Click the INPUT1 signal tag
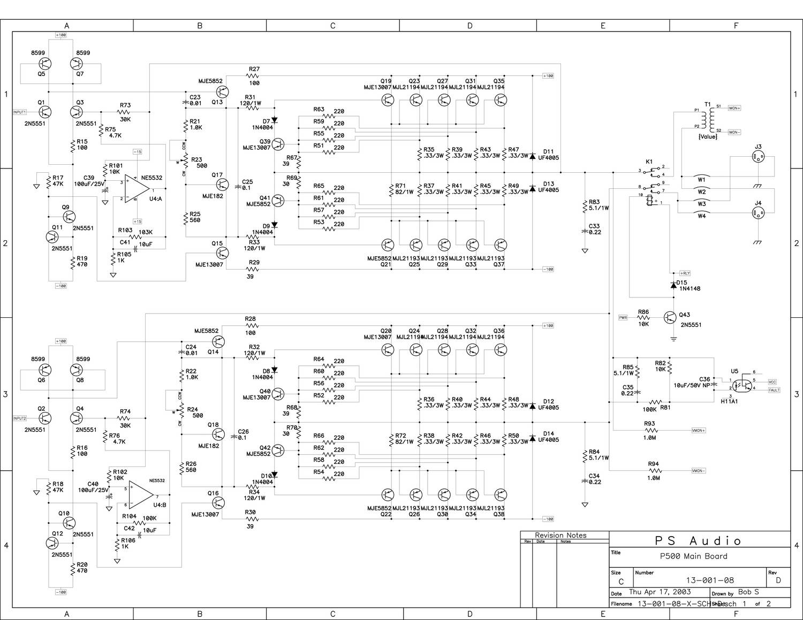click(x=19, y=112)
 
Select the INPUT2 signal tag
click(x=19, y=418)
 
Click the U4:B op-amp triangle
click(x=141, y=494)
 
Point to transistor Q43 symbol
click(x=670, y=317)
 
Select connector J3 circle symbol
click(x=758, y=158)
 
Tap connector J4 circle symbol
click(x=758, y=213)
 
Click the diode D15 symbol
click(x=673, y=285)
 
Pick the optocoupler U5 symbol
click(x=742, y=385)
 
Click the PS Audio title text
click(x=699, y=541)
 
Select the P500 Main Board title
click(x=693, y=556)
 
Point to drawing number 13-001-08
click(x=710, y=580)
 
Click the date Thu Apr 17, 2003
click(x=660, y=592)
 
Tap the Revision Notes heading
click(x=560, y=535)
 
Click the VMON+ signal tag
click(x=699, y=430)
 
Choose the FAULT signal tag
click(x=774, y=390)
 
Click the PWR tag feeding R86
click(x=623, y=317)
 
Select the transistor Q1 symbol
click(x=45, y=112)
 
